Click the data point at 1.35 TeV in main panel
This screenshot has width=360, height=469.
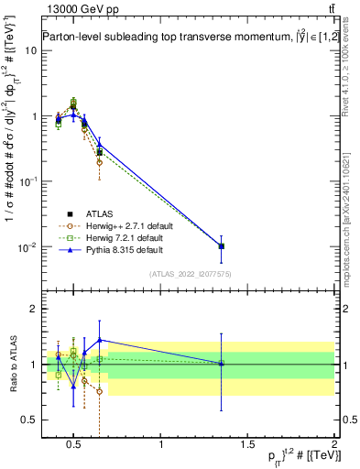[221, 245]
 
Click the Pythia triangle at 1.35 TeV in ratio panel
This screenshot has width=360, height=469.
[221, 364]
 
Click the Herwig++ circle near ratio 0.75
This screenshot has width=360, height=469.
[99, 391]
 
